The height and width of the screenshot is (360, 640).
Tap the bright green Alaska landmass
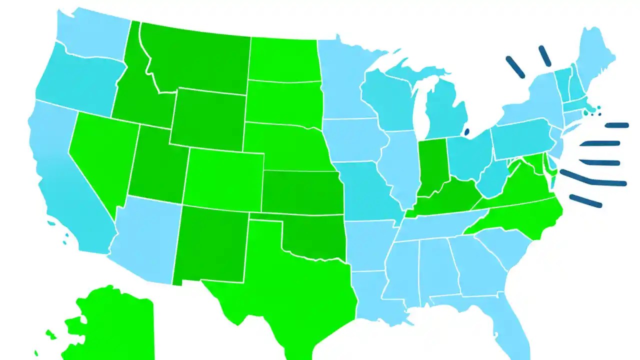pyautogui.click(x=112, y=325)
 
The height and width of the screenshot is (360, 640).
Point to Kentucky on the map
pyautogui.click(x=445, y=200)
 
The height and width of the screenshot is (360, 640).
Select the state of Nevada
pyautogui.click(x=100, y=155)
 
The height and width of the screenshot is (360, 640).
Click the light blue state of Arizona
pyautogui.click(x=145, y=240)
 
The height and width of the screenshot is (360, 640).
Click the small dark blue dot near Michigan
pyautogui.click(x=467, y=132)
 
